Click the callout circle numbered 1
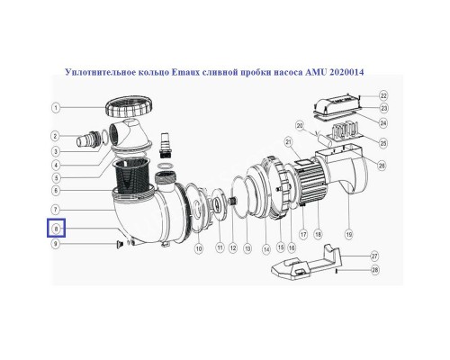point(56,108)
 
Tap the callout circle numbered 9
point(56,244)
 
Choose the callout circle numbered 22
point(383,94)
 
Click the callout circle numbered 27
point(383,256)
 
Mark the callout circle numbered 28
point(383,270)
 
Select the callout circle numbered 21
point(289,142)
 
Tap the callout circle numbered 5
point(56,177)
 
